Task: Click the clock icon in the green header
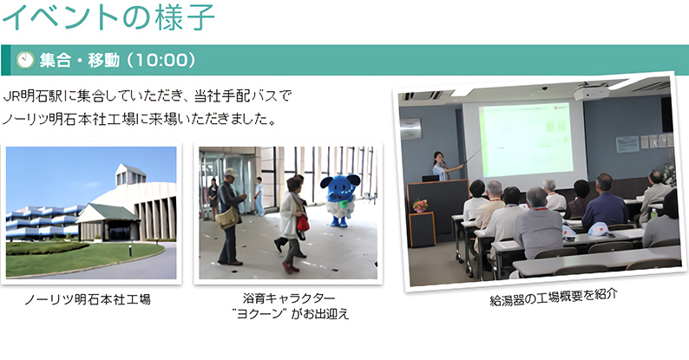[24, 60]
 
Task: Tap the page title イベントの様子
[108, 17]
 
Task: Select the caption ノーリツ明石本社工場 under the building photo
[88, 299]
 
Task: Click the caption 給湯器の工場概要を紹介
[554, 297]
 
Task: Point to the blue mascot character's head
[340, 186]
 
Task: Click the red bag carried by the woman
[303, 223]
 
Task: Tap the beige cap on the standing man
[231, 173]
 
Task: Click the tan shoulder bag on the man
[227, 218]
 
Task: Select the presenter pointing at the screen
[442, 166]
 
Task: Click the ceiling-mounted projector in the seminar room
[592, 92]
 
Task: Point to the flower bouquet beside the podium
[420, 205]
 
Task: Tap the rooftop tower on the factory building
[131, 173]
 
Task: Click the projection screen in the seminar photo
[524, 140]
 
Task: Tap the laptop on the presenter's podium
[430, 178]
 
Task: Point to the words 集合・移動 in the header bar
[80, 60]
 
